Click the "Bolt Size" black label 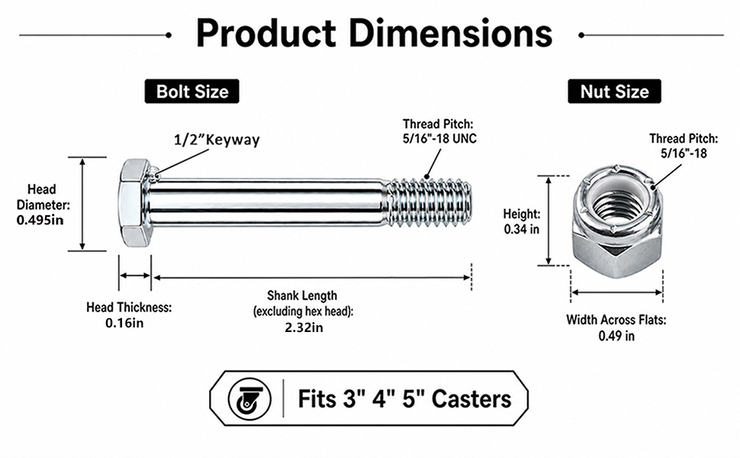192,91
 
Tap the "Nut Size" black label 614,91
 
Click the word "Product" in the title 266,33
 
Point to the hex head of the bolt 134,203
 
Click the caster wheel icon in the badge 249,399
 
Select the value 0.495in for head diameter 40,220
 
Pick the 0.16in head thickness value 124,324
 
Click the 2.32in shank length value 304,327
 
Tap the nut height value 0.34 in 522,230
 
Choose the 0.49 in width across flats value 617,336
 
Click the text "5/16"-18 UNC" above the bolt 439,138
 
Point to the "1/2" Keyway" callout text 217,140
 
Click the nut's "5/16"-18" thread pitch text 684,153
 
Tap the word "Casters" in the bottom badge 471,399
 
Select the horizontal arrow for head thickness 135,276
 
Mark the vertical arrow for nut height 549,221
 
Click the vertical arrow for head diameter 82,204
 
